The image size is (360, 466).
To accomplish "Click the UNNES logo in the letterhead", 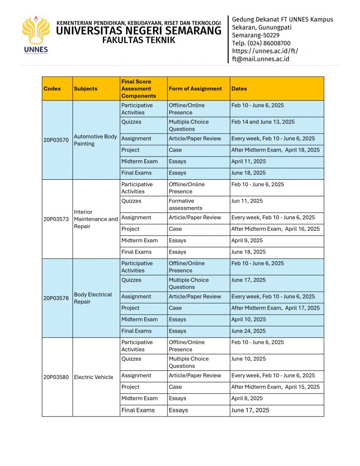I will pos(35,35).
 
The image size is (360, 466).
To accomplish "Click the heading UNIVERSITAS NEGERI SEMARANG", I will pos(139,31).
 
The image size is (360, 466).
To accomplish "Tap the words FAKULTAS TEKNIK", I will pos(138,40).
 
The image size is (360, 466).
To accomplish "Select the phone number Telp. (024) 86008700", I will pos(261,43).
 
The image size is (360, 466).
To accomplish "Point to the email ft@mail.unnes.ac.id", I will pos(260,59).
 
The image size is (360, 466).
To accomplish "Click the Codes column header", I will pos(52,89).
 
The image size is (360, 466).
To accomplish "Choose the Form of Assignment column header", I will pos(195,89).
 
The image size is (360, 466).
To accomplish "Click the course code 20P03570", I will pos(56,140).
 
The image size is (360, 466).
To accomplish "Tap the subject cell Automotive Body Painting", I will pos(96,140).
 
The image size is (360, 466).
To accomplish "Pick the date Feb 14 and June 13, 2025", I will pos(263,122).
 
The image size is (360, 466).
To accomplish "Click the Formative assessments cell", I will pos(186,204).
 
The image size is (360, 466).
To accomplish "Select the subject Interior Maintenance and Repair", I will pos(96,219).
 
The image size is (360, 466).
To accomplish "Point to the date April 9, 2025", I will pos(247,241).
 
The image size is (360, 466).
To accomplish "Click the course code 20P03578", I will pos(56,298).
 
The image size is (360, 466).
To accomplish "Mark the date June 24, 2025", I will pos(248,331).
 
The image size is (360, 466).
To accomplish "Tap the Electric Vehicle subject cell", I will pos(93,377).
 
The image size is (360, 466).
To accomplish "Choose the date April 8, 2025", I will pos(247,399).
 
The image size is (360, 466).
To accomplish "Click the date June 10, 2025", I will pos(248,359).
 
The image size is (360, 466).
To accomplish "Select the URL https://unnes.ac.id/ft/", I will pos(265,51).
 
